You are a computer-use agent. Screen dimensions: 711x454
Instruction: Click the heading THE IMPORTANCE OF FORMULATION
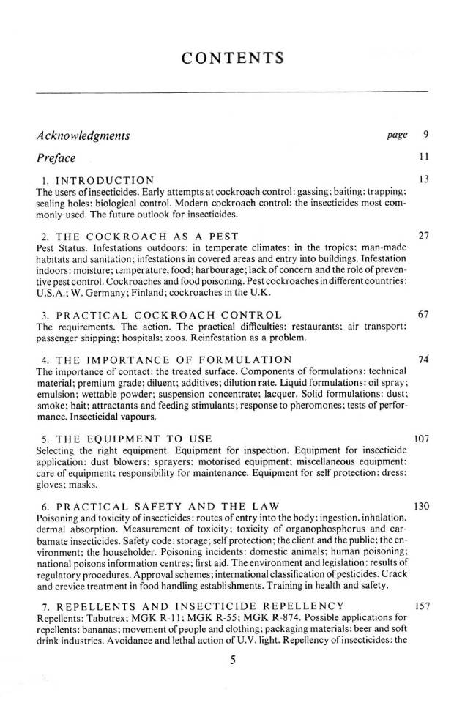click(166, 360)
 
